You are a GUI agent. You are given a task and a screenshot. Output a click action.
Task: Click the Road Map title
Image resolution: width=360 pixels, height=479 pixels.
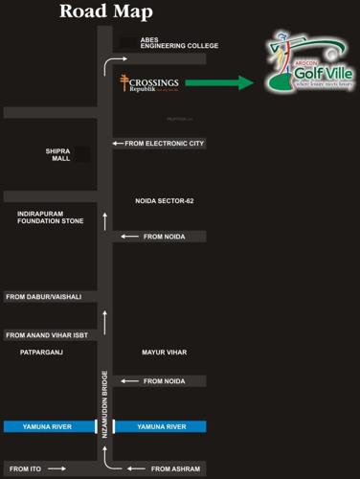(105, 11)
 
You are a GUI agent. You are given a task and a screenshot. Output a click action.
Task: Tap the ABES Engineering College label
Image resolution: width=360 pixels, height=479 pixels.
(179, 42)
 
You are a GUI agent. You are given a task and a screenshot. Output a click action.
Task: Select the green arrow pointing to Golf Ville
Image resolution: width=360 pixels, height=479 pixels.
(218, 83)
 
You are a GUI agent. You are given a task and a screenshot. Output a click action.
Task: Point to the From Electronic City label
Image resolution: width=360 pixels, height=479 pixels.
(165, 144)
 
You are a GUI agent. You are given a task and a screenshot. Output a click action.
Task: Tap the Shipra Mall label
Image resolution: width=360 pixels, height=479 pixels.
(59, 154)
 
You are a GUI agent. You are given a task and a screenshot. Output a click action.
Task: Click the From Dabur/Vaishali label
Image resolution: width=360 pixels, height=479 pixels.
(44, 297)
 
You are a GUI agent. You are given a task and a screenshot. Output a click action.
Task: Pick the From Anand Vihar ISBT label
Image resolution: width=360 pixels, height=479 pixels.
(48, 335)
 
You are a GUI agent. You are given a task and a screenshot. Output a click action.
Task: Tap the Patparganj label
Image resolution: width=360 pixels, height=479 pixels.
(42, 353)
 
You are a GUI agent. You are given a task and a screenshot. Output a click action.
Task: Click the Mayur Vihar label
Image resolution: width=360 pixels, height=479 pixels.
(164, 353)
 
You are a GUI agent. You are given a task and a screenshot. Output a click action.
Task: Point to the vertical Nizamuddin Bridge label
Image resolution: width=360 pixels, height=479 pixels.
(104, 403)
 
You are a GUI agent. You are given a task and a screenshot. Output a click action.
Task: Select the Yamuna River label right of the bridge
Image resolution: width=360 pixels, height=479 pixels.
(162, 426)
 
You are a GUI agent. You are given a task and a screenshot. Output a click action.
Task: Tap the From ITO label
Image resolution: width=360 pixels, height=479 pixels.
(23, 468)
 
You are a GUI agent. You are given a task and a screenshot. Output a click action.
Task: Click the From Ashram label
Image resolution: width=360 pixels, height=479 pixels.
(175, 468)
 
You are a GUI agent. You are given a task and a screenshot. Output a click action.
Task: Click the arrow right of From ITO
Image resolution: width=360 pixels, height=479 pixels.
(56, 468)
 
